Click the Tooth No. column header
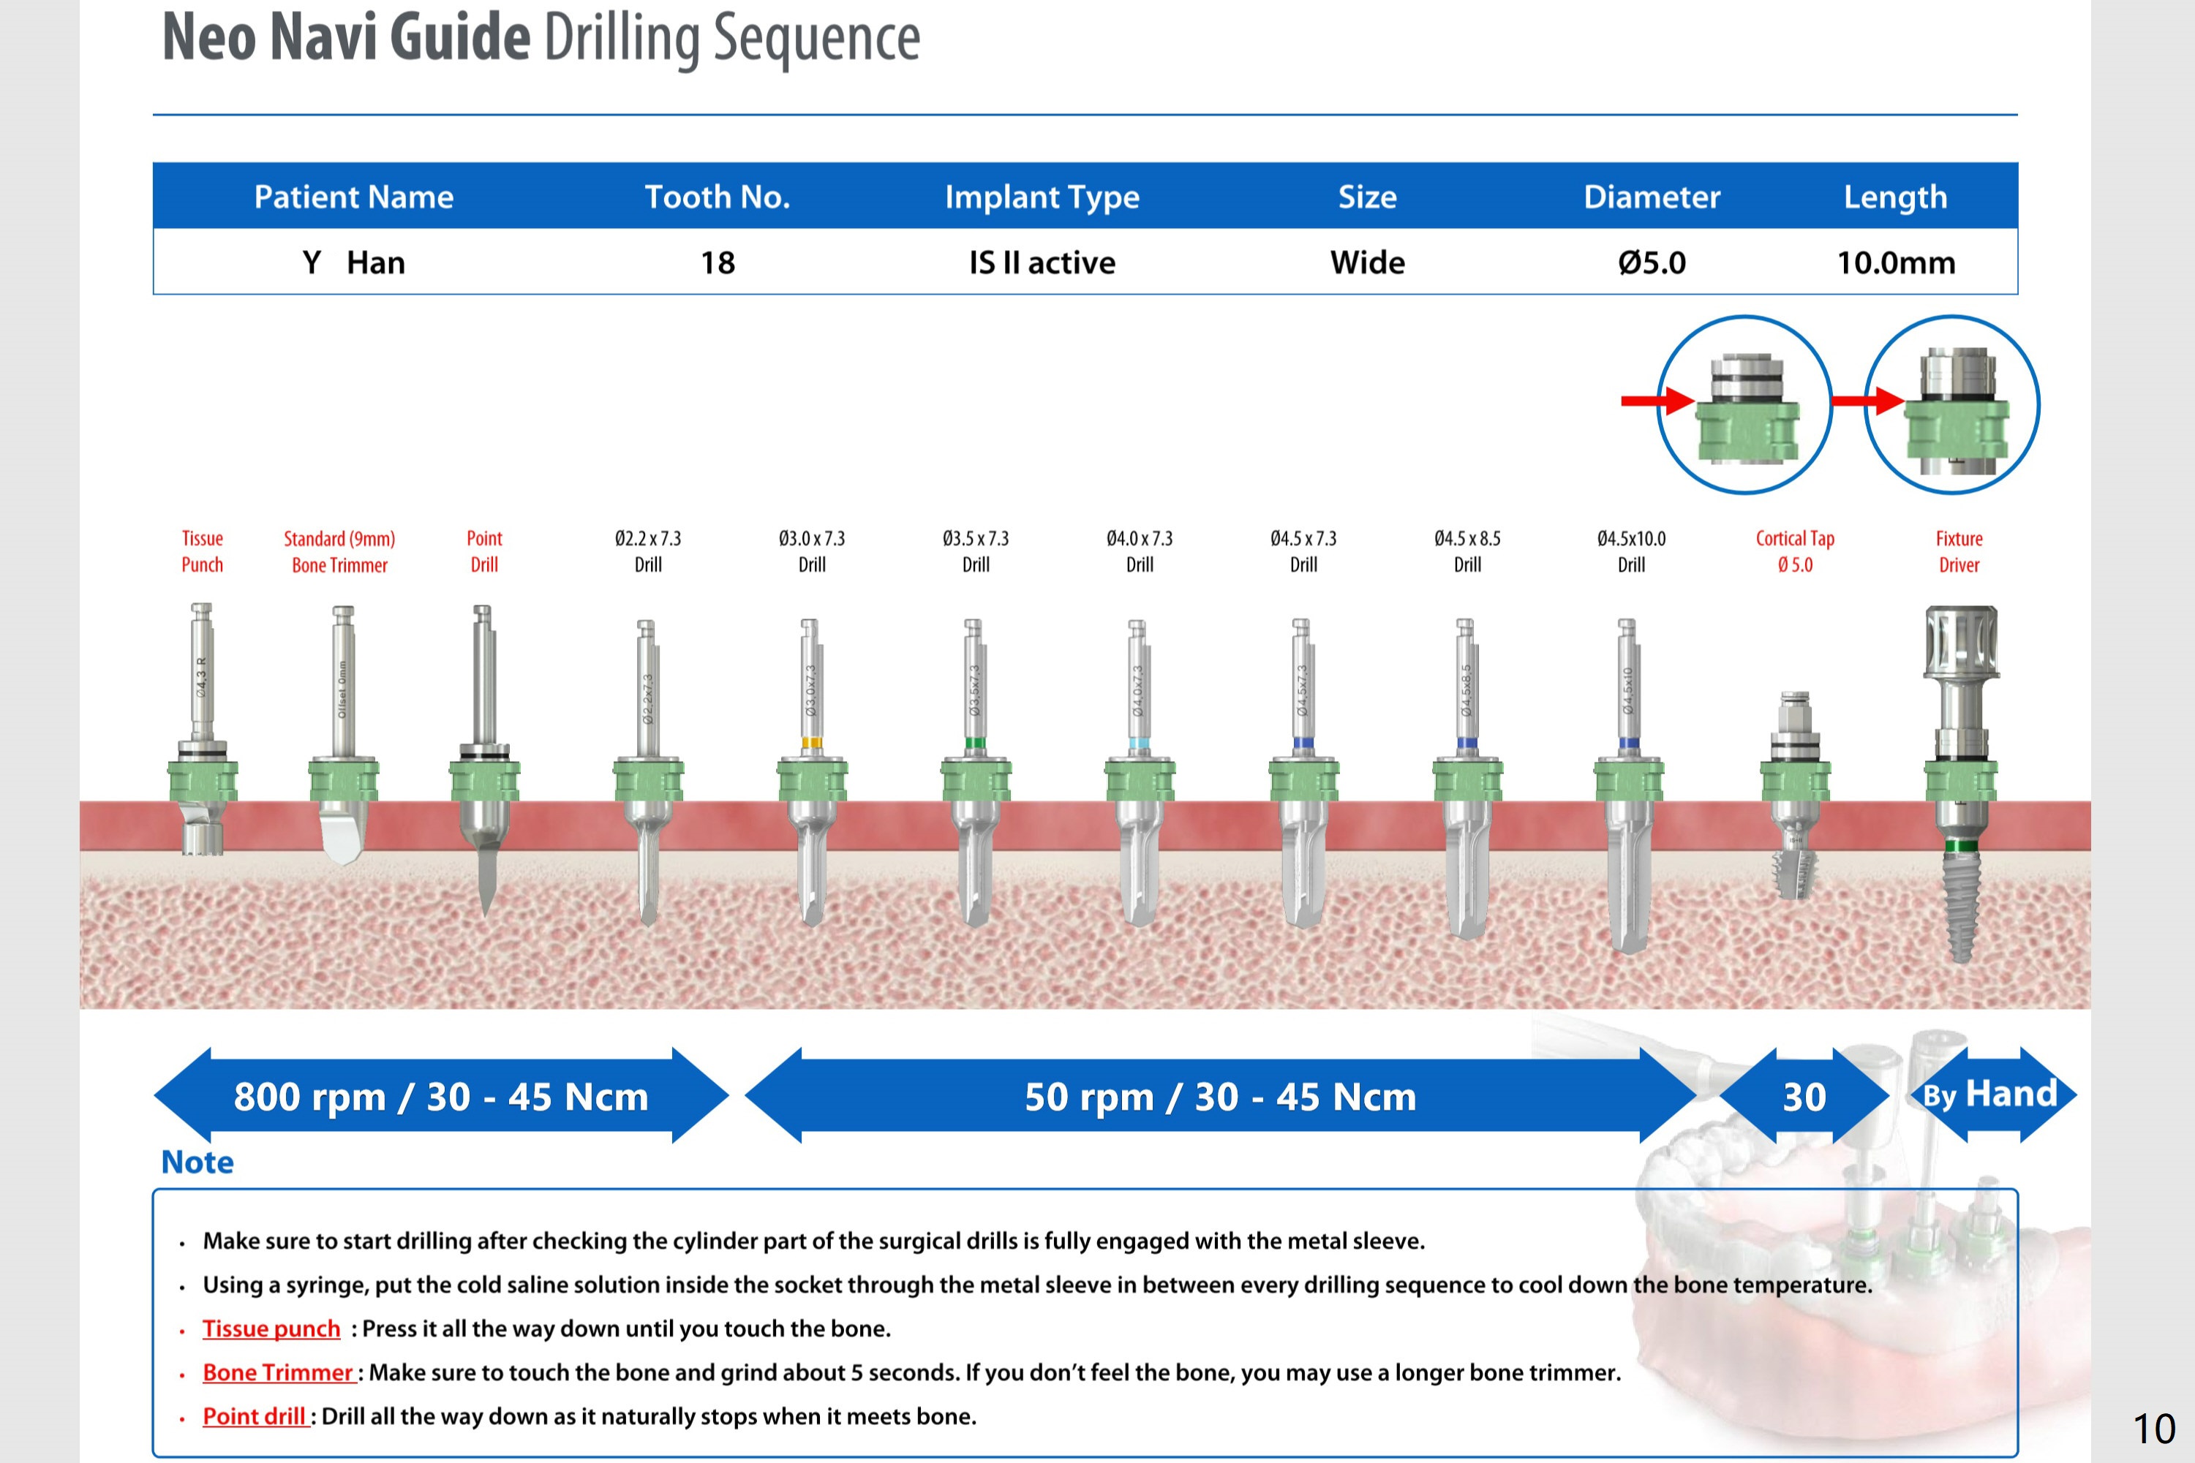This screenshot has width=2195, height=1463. tap(717, 197)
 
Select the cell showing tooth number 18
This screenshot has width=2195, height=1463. tap(718, 263)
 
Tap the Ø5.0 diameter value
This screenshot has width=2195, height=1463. tap(1651, 263)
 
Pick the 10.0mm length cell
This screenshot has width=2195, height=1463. tap(1895, 263)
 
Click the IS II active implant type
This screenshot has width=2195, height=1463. tap(1042, 263)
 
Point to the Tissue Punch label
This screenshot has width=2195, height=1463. tap(202, 551)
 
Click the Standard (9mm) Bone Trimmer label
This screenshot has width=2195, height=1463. tap(339, 551)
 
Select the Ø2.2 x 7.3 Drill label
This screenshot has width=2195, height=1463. tap(647, 551)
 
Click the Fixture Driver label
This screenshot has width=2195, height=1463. tap(1958, 551)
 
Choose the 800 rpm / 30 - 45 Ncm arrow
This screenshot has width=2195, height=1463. tap(440, 1096)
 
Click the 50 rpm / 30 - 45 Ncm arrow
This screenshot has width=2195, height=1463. tap(1220, 1096)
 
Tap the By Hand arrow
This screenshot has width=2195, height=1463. tap(1991, 1095)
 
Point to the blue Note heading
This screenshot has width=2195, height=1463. tap(197, 1163)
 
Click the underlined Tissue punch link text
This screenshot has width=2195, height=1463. tap(271, 1328)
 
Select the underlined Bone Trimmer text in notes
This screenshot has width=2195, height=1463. tap(278, 1372)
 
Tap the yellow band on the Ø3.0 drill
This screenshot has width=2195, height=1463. tap(811, 744)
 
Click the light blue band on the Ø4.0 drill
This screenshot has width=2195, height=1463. tap(1139, 744)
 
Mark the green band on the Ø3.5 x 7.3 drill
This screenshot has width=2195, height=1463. tap(974, 744)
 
